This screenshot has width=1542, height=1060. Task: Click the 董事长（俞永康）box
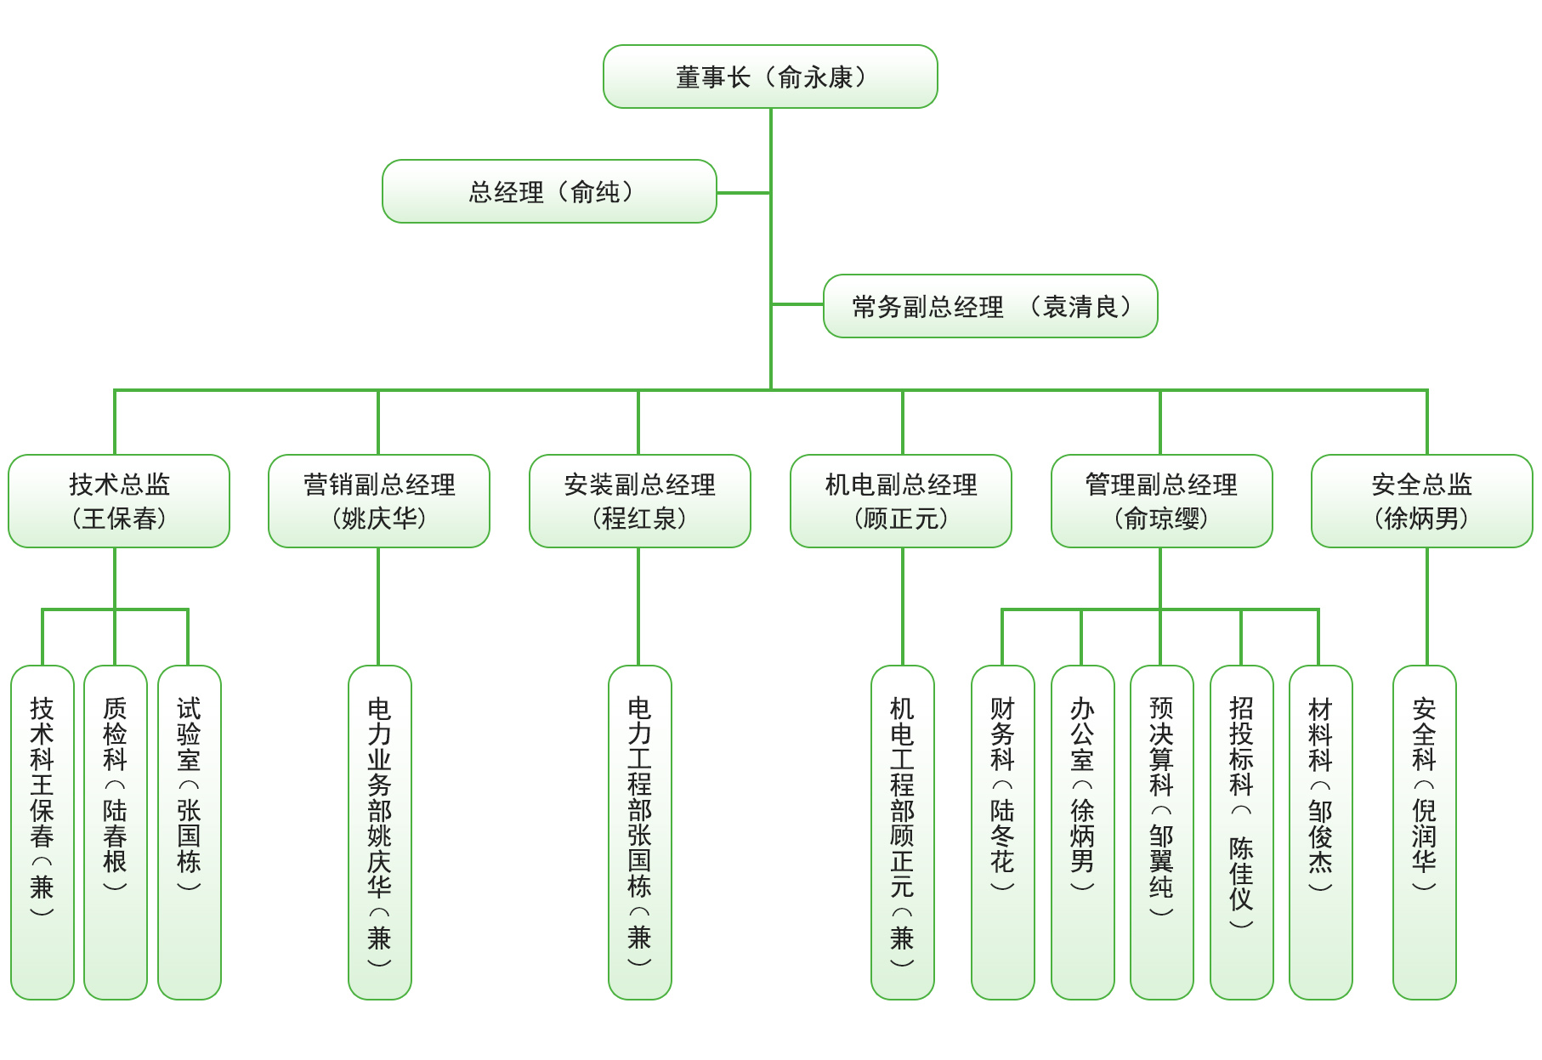click(x=770, y=77)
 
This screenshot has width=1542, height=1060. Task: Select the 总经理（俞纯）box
click(x=549, y=191)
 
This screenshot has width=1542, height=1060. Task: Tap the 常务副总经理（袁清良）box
click(x=990, y=306)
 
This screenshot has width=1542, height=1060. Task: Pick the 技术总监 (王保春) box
click(x=119, y=501)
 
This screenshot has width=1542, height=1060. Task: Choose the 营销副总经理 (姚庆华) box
click(x=379, y=501)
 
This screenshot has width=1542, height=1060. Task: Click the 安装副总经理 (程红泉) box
click(x=640, y=501)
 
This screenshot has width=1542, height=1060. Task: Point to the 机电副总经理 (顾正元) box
click(x=901, y=501)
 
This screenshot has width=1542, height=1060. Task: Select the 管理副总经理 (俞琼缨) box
click(x=1162, y=501)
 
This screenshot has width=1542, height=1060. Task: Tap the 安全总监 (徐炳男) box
click(x=1422, y=501)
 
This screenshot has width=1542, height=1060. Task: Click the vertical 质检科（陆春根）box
click(x=116, y=832)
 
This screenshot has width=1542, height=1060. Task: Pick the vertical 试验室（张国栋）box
click(x=190, y=832)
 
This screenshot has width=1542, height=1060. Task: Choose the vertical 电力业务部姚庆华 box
click(x=380, y=832)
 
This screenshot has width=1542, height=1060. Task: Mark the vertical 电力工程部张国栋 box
click(x=640, y=832)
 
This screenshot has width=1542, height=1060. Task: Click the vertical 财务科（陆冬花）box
click(x=1003, y=832)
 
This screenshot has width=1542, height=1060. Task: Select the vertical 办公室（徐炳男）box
click(x=1083, y=832)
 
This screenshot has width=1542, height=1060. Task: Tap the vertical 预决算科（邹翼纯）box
click(x=1162, y=832)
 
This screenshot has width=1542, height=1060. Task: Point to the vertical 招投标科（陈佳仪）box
click(x=1242, y=832)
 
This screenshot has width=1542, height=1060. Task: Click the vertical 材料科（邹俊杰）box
click(x=1321, y=832)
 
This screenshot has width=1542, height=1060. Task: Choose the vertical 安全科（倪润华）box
click(x=1425, y=832)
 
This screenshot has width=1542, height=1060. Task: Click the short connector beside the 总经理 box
click(x=744, y=193)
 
